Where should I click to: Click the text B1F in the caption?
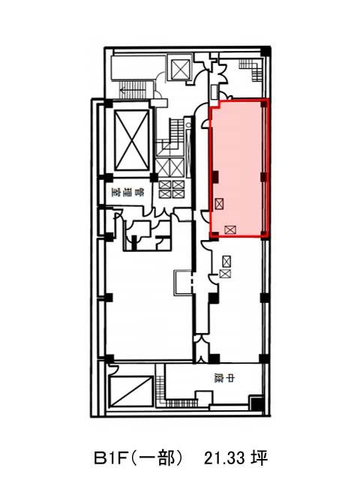[x=110, y=458]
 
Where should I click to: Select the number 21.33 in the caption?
[x=225, y=458]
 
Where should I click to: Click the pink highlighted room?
[x=239, y=168]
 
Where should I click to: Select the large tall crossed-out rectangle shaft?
[x=132, y=140]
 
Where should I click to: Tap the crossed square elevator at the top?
[x=181, y=70]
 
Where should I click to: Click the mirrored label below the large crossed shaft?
[x=127, y=193]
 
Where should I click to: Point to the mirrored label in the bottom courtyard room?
[x=224, y=379]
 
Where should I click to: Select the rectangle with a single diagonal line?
[x=131, y=391]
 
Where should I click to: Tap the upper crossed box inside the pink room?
[x=219, y=203]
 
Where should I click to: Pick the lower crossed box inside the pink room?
[x=230, y=229]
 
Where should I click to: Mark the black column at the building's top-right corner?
[x=266, y=51]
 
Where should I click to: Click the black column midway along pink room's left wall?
[x=215, y=177]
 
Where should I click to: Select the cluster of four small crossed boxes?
[x=172, y=189]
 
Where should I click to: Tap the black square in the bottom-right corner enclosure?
[x=256, y=404]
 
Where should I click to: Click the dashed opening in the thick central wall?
[x=193, y=282]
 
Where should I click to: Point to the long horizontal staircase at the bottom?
[x=181, y=403]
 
